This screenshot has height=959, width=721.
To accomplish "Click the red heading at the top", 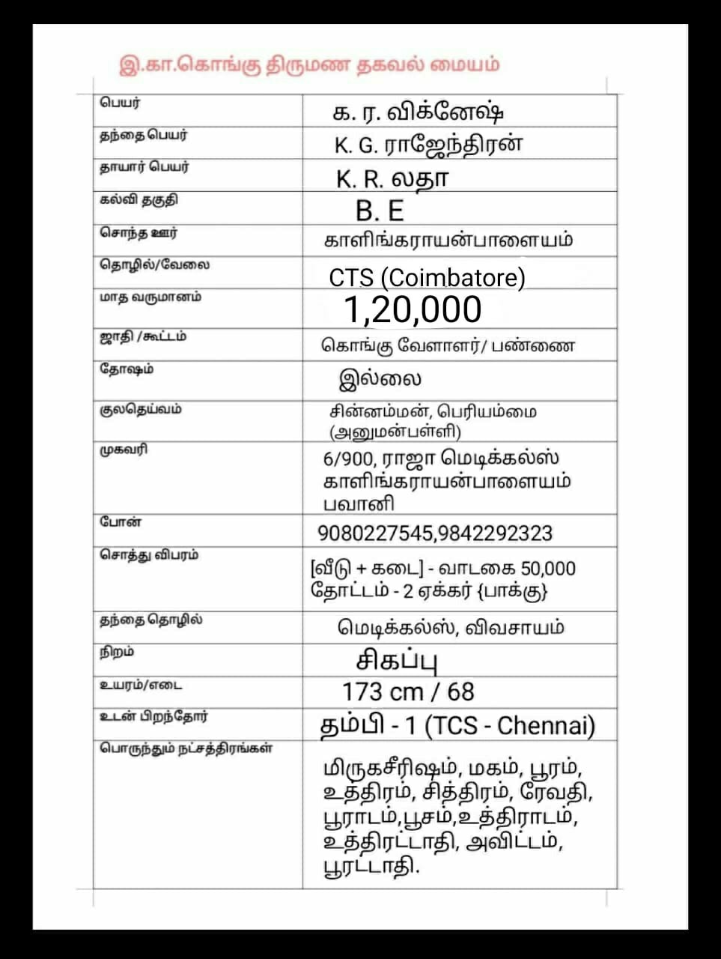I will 308,65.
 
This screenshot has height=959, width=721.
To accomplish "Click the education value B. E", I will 380,211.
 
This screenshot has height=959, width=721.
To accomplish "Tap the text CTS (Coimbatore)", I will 427,278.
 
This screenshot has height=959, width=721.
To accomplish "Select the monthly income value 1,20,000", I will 413,309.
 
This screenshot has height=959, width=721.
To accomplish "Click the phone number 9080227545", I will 374,533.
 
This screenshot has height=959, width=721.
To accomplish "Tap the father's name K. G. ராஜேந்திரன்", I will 428,145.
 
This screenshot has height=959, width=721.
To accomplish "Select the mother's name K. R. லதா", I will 392,178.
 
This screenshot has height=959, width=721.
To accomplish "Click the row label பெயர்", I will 120,103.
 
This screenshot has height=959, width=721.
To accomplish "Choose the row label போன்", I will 120,522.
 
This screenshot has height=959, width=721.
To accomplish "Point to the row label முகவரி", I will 124,450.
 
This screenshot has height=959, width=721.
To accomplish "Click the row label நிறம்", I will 117,653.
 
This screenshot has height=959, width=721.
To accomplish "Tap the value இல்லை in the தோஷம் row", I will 380,378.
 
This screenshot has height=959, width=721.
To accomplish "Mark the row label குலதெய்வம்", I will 140,410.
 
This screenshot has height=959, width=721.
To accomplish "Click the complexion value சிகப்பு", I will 396,661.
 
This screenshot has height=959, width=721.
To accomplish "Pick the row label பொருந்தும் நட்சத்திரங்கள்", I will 186,748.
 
